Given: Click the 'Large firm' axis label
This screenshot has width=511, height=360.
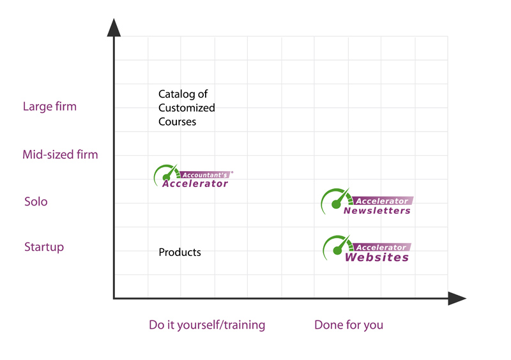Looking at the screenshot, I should point(49,107).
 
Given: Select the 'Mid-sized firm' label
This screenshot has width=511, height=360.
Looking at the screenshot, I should point(60,154).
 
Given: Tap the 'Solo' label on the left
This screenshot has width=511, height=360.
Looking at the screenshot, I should point(36,202).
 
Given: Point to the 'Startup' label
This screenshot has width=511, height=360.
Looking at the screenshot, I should point(43,247).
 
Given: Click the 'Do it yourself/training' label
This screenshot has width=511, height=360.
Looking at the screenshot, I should point(206,325).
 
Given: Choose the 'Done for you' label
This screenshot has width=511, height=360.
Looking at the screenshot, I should point(348,325).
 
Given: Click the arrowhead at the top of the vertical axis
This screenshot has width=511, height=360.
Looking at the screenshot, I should point(114,27).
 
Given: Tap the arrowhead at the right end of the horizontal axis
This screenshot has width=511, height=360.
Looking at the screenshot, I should point(457,298).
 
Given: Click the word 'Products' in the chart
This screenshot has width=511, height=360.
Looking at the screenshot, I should point(179,252).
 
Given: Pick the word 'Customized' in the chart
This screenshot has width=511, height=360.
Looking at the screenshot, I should point(187,108).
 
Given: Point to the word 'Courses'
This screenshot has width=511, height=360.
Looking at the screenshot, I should point(177,121).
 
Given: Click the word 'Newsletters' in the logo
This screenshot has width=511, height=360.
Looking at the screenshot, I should point(377,211).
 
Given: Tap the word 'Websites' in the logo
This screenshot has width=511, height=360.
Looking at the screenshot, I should point(377,257).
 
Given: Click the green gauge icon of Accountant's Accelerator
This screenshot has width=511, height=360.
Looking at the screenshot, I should point(165,174).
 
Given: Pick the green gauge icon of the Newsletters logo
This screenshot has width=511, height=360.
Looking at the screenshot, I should point(335,200).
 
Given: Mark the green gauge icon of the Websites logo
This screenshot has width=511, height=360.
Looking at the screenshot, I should point(336,248).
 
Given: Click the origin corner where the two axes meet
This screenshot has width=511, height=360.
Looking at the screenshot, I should point(114,298).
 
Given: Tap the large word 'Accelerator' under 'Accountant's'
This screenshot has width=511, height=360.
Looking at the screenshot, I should point(195,184).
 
